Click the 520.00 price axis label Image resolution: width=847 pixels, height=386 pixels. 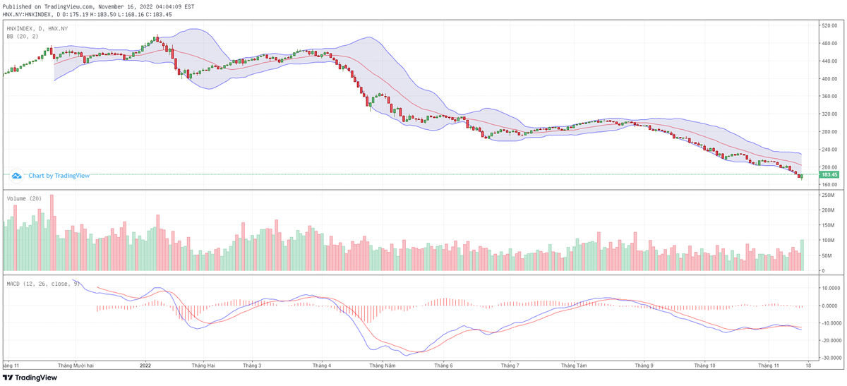coord(828,25)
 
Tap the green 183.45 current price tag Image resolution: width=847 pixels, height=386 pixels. coord(829,174)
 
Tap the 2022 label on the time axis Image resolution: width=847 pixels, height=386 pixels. coord(145,366)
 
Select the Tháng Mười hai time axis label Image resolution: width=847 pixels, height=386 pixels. coord(76,366)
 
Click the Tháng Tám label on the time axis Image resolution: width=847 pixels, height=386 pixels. coord(574,366)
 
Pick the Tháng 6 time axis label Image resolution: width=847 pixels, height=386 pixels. coord(443,366)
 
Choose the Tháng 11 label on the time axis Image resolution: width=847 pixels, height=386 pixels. coord(768,366)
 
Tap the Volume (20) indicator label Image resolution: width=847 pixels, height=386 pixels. coord(24,198)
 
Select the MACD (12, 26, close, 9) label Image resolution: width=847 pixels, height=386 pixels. coord(43,283)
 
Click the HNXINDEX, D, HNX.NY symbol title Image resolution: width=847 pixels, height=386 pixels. coord(37,28)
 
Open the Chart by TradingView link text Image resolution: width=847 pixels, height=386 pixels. coord(59,175)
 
